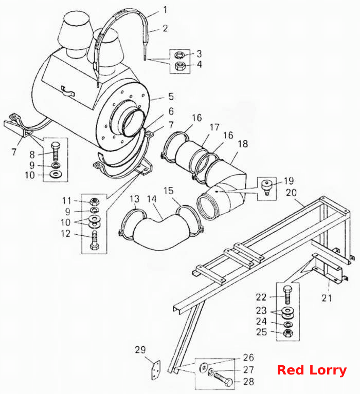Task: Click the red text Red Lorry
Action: (x=312, y=370)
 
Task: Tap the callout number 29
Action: (x=140, y=350)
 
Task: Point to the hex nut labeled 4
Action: (x=179, y=66)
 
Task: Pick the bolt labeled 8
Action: (x=56, y=152)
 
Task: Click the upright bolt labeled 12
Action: (x=94, y=240)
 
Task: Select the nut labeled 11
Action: (x=94, y=201)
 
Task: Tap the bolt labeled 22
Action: (x=287, y=295)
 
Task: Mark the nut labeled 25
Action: (x=287, y=333)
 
